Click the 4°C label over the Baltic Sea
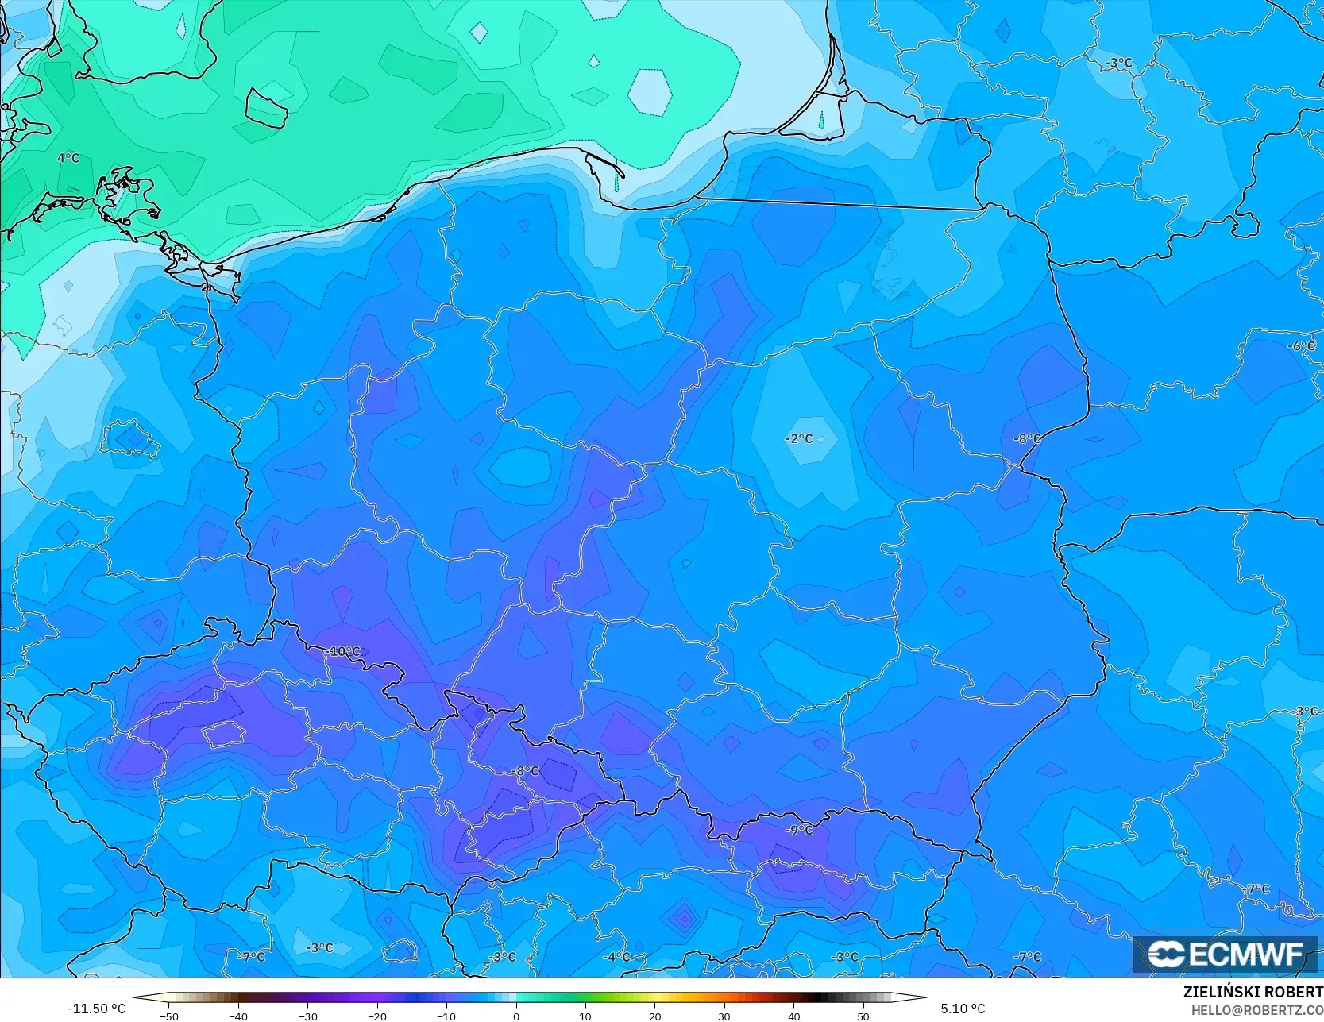click(68, 158)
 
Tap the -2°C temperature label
click(799, 438)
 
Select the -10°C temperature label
click(343, 651)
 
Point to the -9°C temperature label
click(799, 830)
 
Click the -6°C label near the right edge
click(1301, 346)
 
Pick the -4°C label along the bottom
click(616, 957)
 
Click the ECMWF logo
click(1226, 955)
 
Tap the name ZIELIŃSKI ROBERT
click(1253, 993)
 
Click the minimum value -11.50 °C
click(96, 1009)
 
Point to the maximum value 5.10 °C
click(963, 1009)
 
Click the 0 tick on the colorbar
click(516, 1016)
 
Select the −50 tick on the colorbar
click(168, 1016)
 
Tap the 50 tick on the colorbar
click(863, 1016)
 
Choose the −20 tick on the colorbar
click(377, 1016)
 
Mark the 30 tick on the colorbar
click(724, 1016)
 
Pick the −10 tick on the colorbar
click(446, 1016)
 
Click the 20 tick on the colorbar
click(655, 1016)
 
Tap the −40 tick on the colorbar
click(238, 1016)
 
